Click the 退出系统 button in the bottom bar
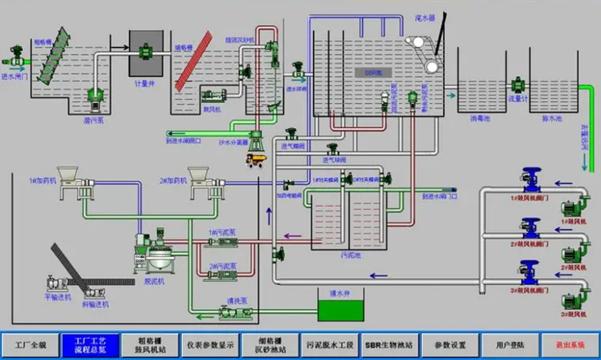(570, 344)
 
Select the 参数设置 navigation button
(450, 344)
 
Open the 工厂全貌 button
(29, 344)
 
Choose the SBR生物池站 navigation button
(390, 344)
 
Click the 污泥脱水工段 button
(330, 344)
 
